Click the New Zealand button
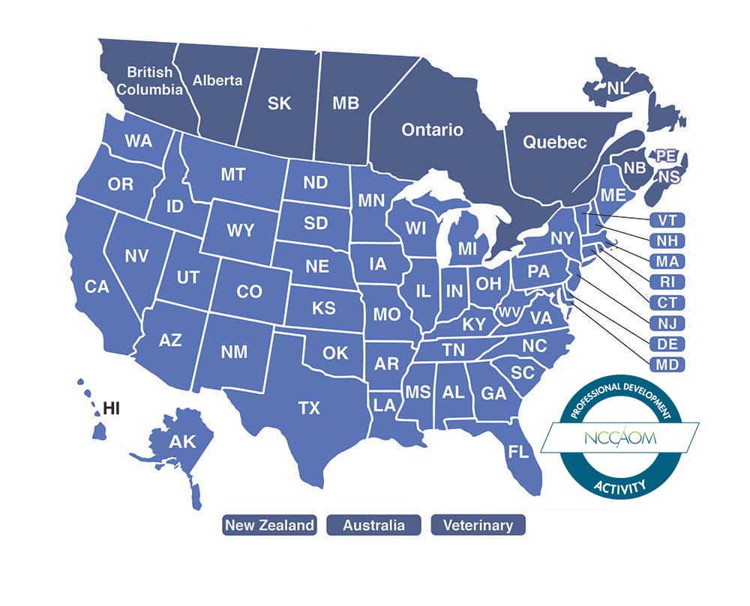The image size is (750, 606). pyautogui.click(x=269, y=525)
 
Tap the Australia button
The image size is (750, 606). pyautogui.click(x=373, y=525)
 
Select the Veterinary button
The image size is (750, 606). pyautogui.click(x=478, y=525)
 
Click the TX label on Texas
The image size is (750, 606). pyautogui.click(x=309, y=408)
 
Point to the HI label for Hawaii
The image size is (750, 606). pyautogui.click(x=112, y=408)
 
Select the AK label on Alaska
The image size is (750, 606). pyautogui.click(x=181, y=442)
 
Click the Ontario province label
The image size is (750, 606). pyautogui.click(x=432, y=130)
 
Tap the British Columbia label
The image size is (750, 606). pyautogui.click(x=154, y=81)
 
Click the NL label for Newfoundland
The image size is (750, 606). pyautogui.click(x=618, y=88)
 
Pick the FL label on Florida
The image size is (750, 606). pyautogui.click(x=517, y=452)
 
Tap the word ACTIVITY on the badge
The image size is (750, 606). pyautogui.click(x=619, y=487)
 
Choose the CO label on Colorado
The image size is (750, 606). pyautogui.click(x=249, y=291)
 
